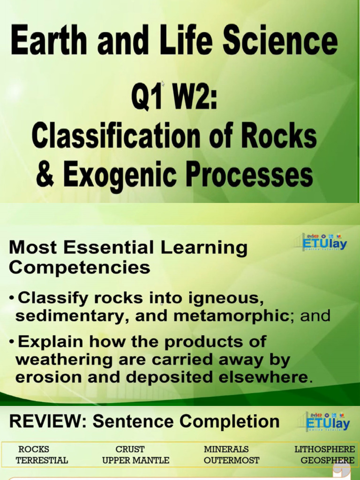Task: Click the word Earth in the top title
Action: tap(49, 40)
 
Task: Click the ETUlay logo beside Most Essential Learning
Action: tap(324, 242)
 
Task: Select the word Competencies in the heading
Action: tap(80, 267)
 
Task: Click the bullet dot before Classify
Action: tap(12, 298)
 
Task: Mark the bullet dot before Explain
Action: tap(12, 342)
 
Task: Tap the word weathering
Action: tap(64, 360)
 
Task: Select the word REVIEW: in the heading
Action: tap(48, 421)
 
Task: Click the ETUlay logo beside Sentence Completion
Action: tap(327, 422)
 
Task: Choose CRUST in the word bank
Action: tap(130, 449)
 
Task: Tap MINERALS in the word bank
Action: tap(226, 449)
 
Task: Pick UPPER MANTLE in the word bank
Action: tap(135, 460)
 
